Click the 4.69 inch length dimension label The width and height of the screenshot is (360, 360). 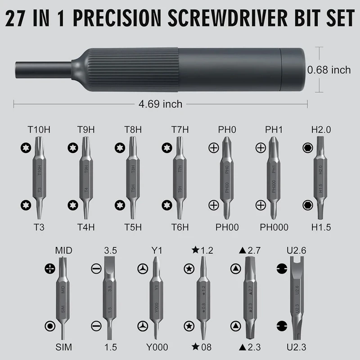point(161,104)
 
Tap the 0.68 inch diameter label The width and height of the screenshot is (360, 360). point(328,70)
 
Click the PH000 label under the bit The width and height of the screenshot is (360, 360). point(274,228)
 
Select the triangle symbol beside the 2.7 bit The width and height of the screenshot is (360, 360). point(234,269)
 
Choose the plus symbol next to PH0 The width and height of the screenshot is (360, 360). point(213,148)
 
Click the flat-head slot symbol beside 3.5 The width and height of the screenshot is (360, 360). point(95,269)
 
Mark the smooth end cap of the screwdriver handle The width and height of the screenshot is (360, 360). point(293,70)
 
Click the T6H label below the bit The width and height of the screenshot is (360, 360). point(180,228)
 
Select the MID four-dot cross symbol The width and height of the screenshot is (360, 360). point(49,269)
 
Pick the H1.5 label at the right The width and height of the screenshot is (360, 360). point(321,228)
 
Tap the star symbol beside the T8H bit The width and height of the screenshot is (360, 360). point(119,148)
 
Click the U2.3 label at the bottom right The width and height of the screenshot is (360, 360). point(297,347)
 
